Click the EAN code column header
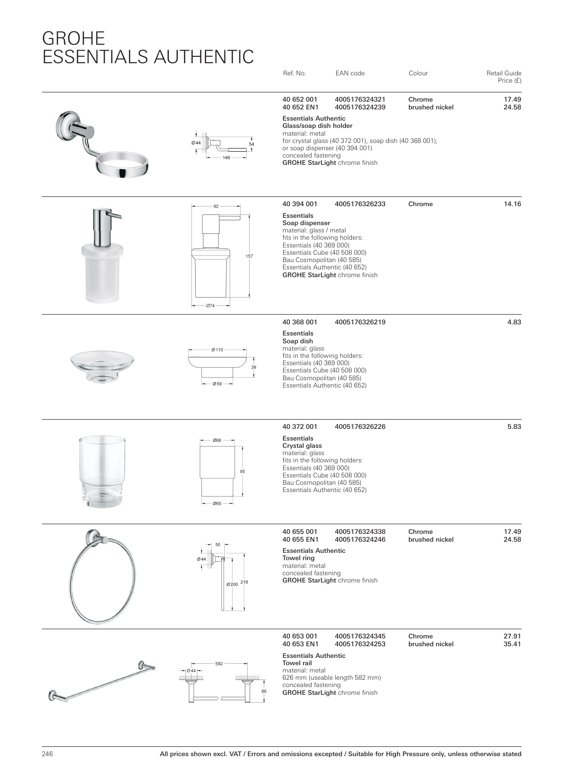(349, 73)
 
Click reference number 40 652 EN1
(300, 107)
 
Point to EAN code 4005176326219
(360, 322)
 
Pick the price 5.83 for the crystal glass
(514, 427)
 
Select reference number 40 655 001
(300, 532)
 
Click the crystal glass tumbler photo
(102, 472)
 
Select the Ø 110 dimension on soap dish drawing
(217, 350)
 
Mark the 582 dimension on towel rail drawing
(219, 664)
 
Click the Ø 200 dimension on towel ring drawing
(233, 584)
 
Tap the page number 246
(47, 754)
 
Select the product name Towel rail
(297, 663)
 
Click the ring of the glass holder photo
(123, 165)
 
